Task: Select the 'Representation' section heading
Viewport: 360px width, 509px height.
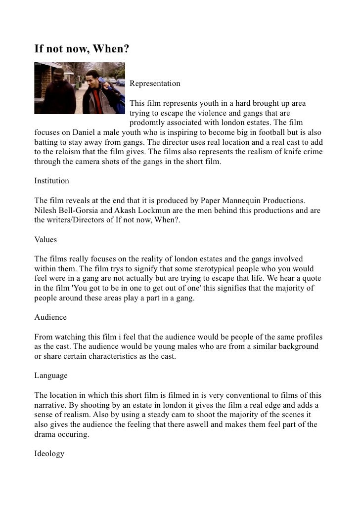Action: coord(155,84)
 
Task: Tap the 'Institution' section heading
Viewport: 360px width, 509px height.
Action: coord(51,181)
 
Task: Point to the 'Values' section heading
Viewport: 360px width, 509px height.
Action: coord(45,240)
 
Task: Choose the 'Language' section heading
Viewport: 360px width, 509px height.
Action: coord(51,376)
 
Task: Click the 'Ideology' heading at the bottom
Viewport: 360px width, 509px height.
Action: coord(49,453)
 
